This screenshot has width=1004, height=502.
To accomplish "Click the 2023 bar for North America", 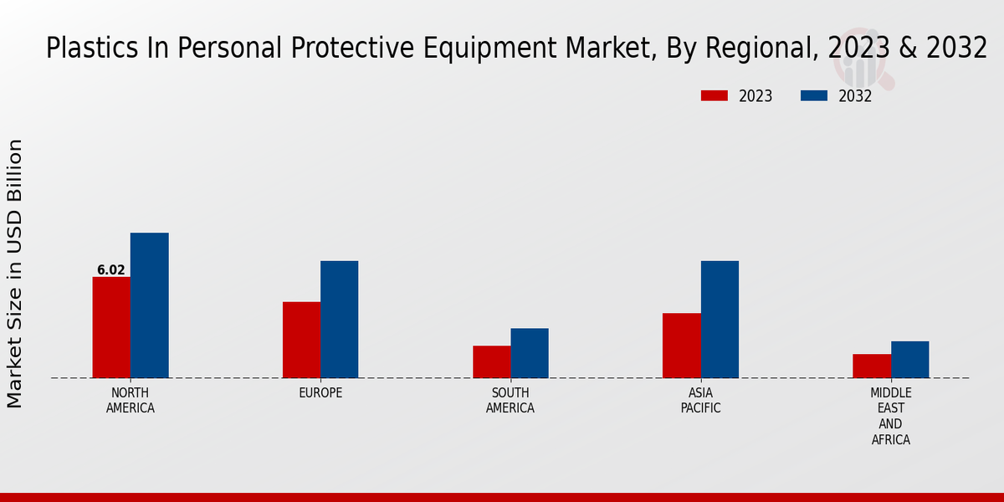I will click(x=111, y=327).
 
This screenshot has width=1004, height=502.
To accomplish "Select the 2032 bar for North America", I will click(x=149, y=305).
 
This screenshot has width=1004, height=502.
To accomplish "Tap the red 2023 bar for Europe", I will click(x=301, y=340).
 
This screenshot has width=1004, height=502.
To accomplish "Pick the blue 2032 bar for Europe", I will click(x=339, y=320).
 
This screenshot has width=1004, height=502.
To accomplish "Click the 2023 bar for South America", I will click(x=491, y=361).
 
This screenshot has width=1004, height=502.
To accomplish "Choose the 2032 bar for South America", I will click(x=530, y=353).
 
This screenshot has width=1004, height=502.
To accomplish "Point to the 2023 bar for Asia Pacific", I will click(x=681, y=346).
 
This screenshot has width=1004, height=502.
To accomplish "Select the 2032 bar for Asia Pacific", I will click(x=720, y=320).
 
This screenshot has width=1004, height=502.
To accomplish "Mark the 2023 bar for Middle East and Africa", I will click(x=872, y=366).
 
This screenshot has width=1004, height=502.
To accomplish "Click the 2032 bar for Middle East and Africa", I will click(x=909, y=360).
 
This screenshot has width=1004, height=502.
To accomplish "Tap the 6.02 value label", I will click(x=111, y=270).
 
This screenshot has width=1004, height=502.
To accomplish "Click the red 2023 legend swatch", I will click(x=714, y=96).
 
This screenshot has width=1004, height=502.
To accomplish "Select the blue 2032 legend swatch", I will click(x=814, y=96).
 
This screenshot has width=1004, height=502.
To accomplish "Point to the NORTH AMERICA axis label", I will click(x=131, y=401).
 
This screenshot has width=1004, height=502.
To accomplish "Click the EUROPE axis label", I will click(x=320, y=393).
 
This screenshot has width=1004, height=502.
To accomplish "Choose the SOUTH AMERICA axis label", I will click(x=510, y=401).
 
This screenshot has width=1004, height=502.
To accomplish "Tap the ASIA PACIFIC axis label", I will click(x=700, y=401).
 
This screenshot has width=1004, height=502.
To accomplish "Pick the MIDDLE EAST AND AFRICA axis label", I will click(x=891, y=416).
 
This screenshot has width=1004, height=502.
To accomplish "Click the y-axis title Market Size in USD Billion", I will click(x=15, y=274).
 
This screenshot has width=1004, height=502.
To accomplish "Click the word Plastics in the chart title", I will click(x=81, y=49).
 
